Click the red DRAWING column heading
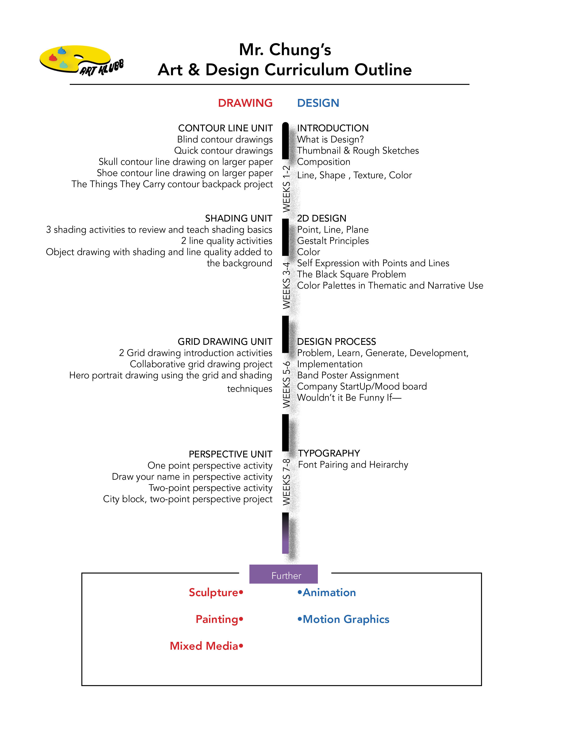(245, 103)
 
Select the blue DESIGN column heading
(318, 103)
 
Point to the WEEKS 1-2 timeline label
(286, 189)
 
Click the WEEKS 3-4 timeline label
(286, 285)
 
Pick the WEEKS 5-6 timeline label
(286, 384)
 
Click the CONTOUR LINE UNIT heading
(225, 128)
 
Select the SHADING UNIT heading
(239, 218)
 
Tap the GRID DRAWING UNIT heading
(225, 341)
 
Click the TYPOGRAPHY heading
(329, 453)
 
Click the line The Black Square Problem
(352, 274)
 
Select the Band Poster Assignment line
(348, 375)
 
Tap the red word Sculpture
(214, 593)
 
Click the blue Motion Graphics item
(346, 619)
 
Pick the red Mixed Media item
(204, 646)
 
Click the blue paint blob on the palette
(62, 51)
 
